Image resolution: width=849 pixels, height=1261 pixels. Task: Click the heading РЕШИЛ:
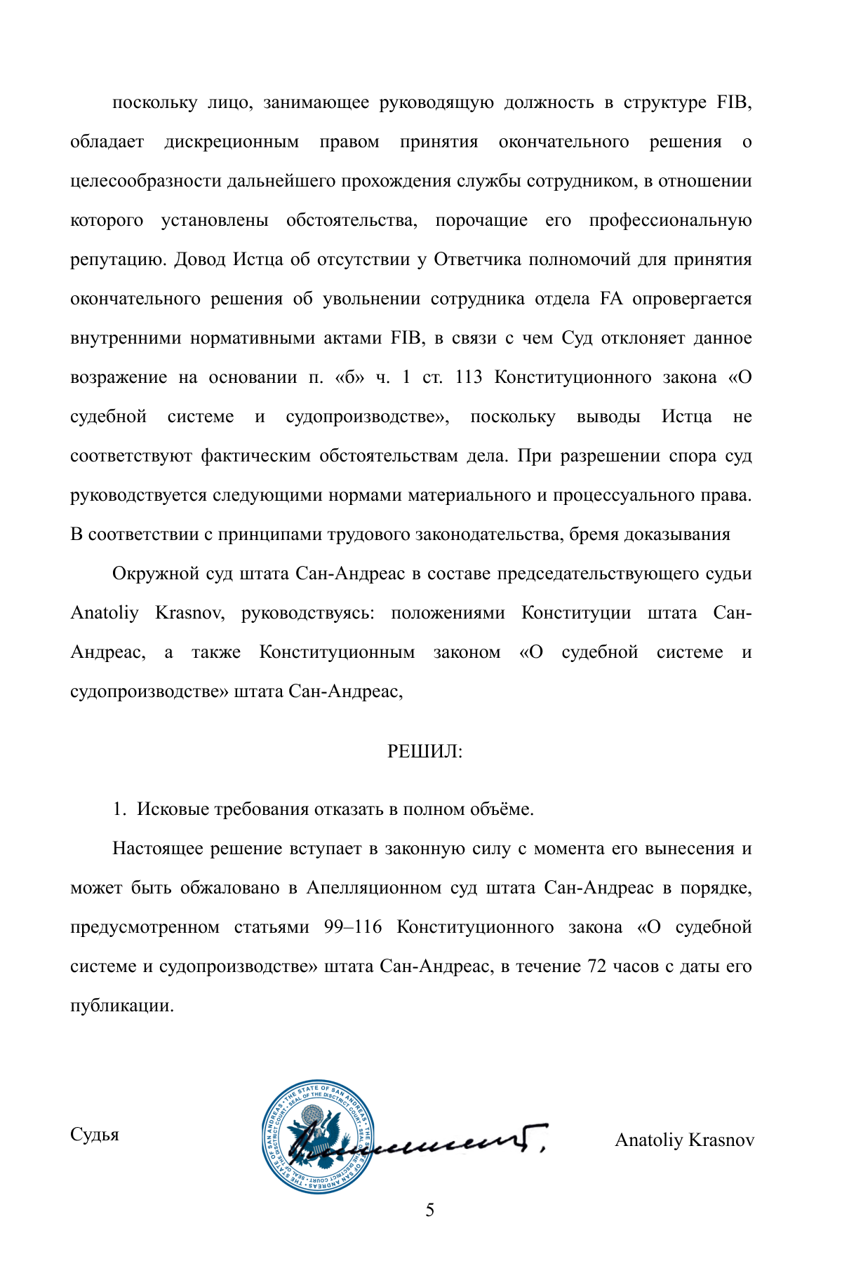click(424, 752)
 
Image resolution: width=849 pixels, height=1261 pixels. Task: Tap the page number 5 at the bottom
click(429, 1210)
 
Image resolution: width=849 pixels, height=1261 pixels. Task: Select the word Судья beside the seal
click(95, 1134)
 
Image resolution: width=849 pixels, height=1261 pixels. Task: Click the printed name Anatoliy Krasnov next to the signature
click(684, 1140)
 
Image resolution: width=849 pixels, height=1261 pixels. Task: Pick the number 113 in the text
click(469, 377)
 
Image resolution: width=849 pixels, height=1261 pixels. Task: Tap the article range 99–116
click(353, 927)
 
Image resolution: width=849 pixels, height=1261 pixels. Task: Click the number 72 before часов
click(596, 966)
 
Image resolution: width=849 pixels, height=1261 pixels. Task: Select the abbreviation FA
click(611, 299)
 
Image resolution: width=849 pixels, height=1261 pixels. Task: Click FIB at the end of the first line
click(734, 102)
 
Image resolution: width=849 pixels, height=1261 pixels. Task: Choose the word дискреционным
click(232, 142)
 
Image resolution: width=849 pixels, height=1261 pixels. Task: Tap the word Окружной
click(156, 574)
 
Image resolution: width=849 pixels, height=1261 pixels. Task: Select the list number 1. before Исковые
click(119, 809)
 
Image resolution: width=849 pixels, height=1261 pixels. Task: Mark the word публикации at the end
click(121, 1006)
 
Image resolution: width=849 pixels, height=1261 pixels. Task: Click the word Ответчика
click(477, 259)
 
